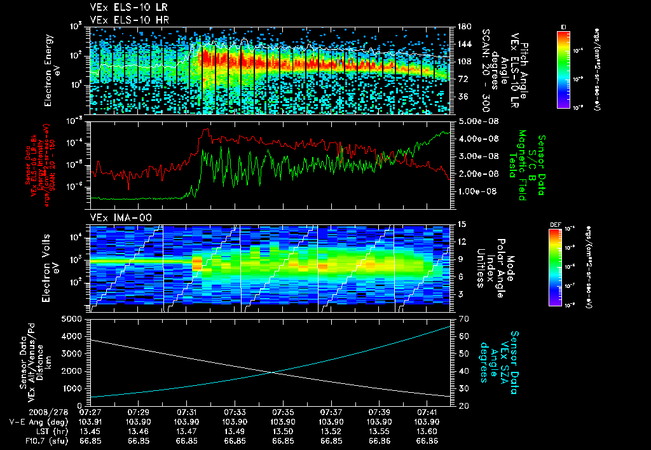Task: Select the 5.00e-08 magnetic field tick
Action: click(x=472, y=121)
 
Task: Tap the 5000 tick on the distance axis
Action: click(x=73, y=318)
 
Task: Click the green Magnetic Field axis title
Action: click(x=523, y=165)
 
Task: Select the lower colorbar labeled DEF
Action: click(x=563, y=267)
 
